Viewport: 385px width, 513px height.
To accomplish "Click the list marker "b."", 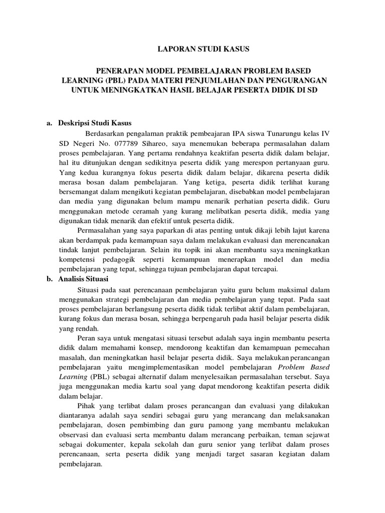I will coord(50,279).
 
